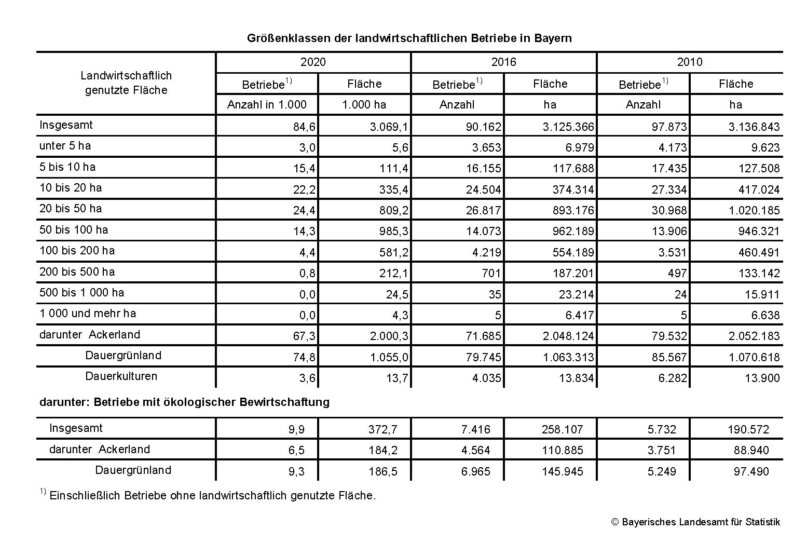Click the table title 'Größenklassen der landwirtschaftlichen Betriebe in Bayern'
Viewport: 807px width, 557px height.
409,38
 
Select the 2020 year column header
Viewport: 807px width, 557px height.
313,62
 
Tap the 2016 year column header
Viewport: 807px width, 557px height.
504,62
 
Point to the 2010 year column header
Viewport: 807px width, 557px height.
690,62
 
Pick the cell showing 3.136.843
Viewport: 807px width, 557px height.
755,127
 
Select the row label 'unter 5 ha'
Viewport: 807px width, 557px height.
65,146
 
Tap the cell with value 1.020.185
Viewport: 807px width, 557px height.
755,210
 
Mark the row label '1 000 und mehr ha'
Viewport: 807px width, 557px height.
87,313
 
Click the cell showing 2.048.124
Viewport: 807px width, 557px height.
568,336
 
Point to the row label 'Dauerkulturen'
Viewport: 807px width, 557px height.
121,376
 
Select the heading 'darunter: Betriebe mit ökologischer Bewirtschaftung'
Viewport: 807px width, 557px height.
184,402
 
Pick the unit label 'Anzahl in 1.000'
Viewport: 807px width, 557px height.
267,104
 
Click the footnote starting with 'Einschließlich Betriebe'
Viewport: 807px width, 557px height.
212,495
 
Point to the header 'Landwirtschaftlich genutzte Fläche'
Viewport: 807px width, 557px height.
126,83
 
